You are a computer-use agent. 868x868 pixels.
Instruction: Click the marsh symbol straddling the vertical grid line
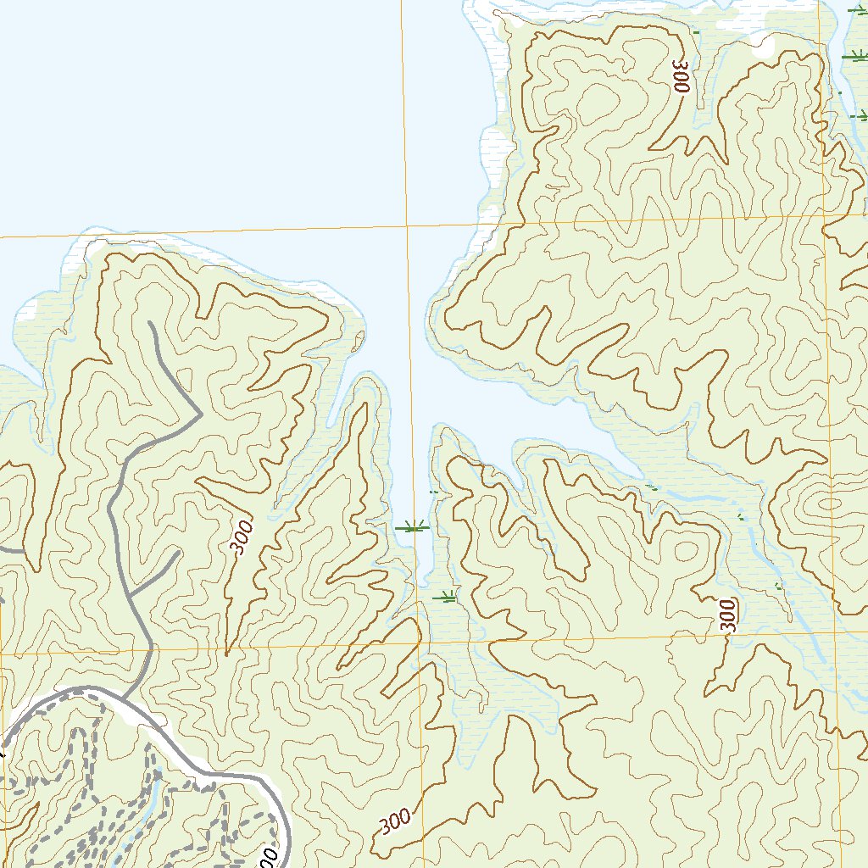pyautogui.click(x=413, y=527)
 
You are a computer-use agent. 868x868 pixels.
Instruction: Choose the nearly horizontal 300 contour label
pyautogui.click(x=395, y=821)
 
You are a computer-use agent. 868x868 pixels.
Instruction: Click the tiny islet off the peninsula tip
pyautogui.click(x=359, y=342)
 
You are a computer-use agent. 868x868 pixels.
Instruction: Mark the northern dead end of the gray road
pyautogui.click(x=150, y=323)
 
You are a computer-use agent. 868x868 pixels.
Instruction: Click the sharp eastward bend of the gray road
pyautogui.click(x=199, y=415)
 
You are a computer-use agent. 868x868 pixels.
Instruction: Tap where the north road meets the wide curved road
pyautogui.click(x=120, y=698)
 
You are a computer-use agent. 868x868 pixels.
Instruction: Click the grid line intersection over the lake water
pyautogui.click(x=407, y=226)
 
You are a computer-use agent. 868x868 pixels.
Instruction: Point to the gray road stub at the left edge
pyautogui.click(x=10, y=549)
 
